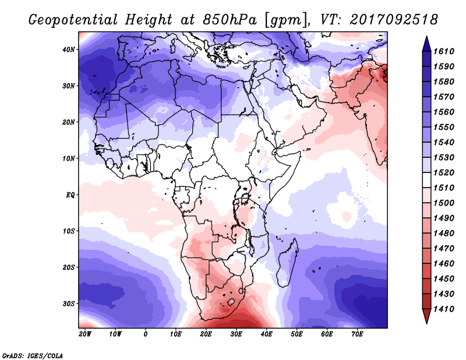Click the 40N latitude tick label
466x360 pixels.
click(68, 50)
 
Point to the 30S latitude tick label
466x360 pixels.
click(69, 304)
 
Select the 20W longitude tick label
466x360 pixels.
click(85, 334)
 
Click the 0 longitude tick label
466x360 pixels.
click(145, 334)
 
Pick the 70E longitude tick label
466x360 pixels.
click(357, 334)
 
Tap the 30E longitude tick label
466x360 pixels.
click(236, 334)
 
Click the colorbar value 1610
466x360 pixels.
click(444, 51)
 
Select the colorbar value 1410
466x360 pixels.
click(444, 309)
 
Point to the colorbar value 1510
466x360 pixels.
click(444, 188)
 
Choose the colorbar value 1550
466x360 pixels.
click(444, 127)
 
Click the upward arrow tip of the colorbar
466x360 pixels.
click(426, 37)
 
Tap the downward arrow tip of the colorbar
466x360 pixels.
click(426, 323)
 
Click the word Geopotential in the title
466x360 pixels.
click(73, 20)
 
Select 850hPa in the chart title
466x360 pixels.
click(230, 20)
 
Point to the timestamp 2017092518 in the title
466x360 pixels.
click(394, 20)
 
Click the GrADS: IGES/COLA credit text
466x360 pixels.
click(33, 355)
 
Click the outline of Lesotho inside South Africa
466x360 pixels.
click(231, 303)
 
